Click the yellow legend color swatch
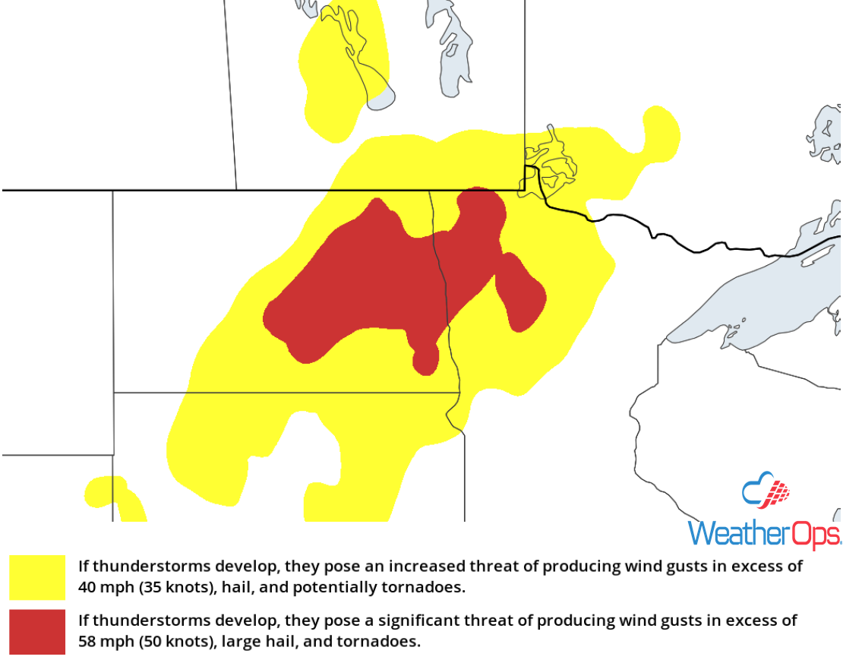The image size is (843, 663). click(37, 577)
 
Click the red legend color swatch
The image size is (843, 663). click(37, 631)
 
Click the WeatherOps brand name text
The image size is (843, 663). click(763, 533)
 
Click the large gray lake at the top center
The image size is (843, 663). click(448, 46)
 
